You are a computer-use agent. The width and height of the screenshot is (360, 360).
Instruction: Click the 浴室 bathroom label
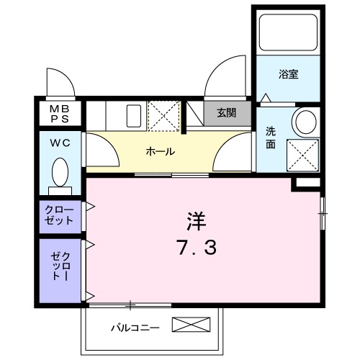(289, 74)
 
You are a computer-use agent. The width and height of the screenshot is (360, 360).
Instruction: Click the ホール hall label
(159, 151)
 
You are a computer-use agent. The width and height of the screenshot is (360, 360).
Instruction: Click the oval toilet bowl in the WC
(60, 173)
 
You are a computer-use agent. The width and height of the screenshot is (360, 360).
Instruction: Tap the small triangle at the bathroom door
(266, 96)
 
